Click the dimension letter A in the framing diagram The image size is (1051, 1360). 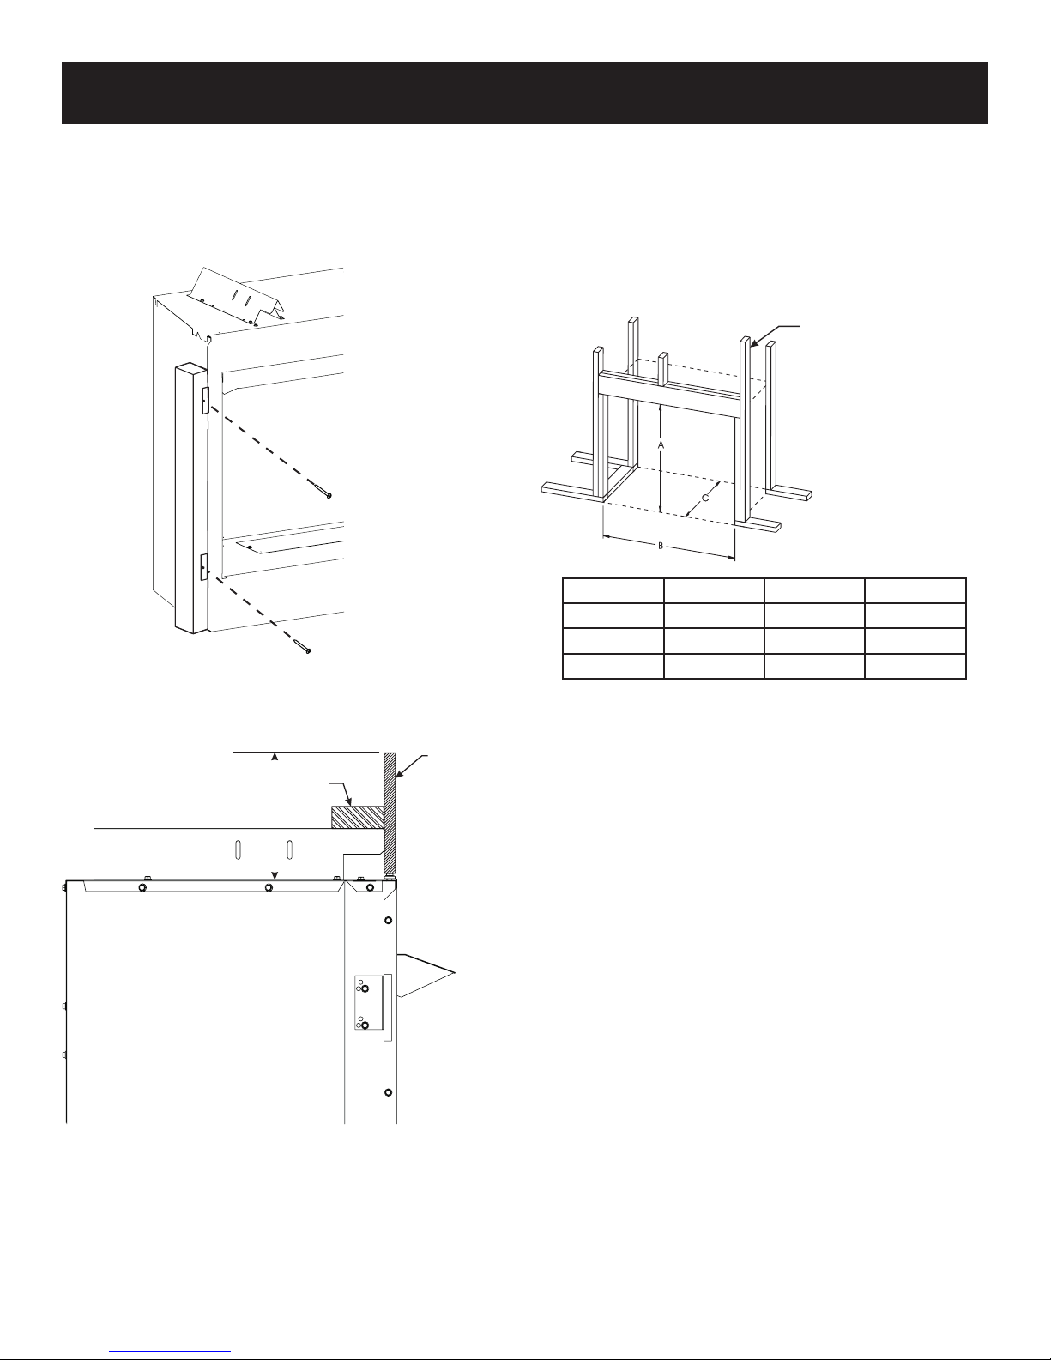(661, 445)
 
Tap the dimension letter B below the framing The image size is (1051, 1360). (661, 546)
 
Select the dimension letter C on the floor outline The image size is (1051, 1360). (705, 499)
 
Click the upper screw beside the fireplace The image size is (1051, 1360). (324, 492)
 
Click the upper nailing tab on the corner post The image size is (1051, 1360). (205, 399)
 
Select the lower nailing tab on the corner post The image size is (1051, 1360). (204, 567)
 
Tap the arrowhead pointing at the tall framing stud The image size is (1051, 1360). (754, 342)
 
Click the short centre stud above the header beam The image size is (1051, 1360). (663, 369)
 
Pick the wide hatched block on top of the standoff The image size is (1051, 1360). (357, 818)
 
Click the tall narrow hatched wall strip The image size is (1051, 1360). (390, 813)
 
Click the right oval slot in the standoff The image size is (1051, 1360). (290, 851)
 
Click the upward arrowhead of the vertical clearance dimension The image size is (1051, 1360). (275, 758)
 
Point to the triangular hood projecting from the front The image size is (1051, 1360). (425, 975)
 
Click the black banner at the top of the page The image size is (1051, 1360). (525, 93)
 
